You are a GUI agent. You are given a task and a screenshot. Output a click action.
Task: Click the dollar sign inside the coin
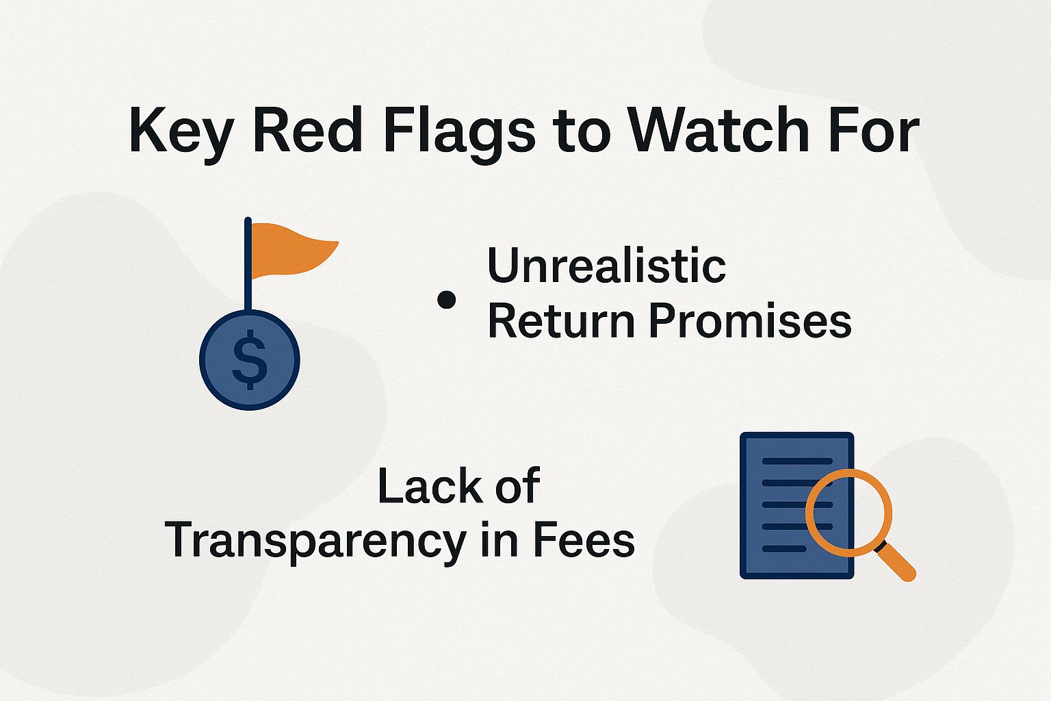[250, 360]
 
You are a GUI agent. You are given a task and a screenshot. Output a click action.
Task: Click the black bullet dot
[446, 300]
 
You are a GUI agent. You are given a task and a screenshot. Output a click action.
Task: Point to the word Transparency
[315, 541]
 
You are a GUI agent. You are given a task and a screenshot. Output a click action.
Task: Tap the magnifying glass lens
[848, 510]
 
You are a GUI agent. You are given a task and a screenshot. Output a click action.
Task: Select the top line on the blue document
[797, 461]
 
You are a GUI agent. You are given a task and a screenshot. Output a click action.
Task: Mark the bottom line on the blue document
[784, 549]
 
